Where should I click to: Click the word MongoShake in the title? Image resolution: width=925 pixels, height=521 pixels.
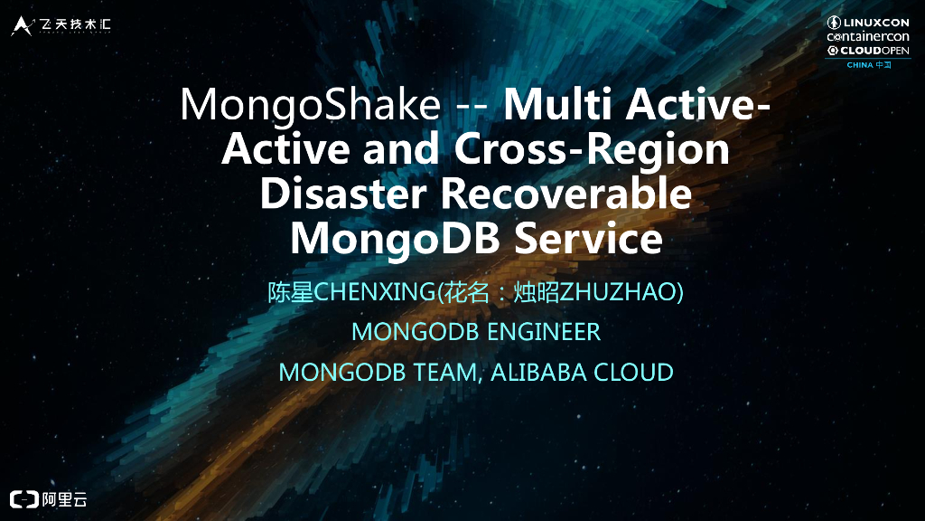[310, 106]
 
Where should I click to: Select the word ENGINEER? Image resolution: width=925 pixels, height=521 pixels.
[544, 332]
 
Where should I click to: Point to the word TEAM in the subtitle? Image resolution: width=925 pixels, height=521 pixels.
[444, 372]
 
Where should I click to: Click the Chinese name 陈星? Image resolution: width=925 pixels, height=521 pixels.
[289, 292]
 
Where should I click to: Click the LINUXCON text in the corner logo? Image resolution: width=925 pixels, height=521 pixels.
[875, 22]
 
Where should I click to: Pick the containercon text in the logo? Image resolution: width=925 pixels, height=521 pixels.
[868, 36]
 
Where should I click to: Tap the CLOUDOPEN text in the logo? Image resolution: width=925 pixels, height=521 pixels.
[874, 51]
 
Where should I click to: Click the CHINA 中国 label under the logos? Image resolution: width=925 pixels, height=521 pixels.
[868, 65]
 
